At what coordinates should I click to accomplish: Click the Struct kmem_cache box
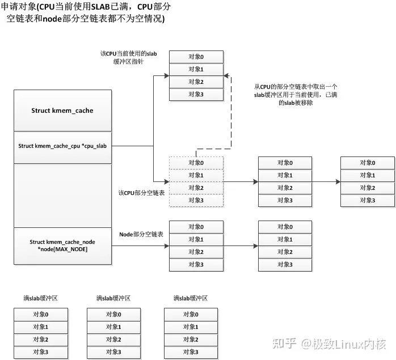coord(62,111)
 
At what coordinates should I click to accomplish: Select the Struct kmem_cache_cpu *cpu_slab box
coord(62,146)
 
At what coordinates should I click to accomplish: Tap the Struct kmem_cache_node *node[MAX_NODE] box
coord(62,245)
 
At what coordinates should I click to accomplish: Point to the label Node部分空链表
coord(142,234)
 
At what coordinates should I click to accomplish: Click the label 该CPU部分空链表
coord(141,193)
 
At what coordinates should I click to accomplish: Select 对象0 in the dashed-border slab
coord(196,163)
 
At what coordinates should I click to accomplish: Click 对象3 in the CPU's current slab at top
coord(196,94)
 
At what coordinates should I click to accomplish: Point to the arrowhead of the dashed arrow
coord(226,75)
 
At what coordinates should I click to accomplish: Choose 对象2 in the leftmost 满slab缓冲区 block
coord(41,339)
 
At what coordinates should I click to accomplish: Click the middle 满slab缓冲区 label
coord(113,298)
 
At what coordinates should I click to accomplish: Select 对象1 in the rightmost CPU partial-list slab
coord(366,175)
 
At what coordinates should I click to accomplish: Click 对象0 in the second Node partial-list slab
coord(285,227)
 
